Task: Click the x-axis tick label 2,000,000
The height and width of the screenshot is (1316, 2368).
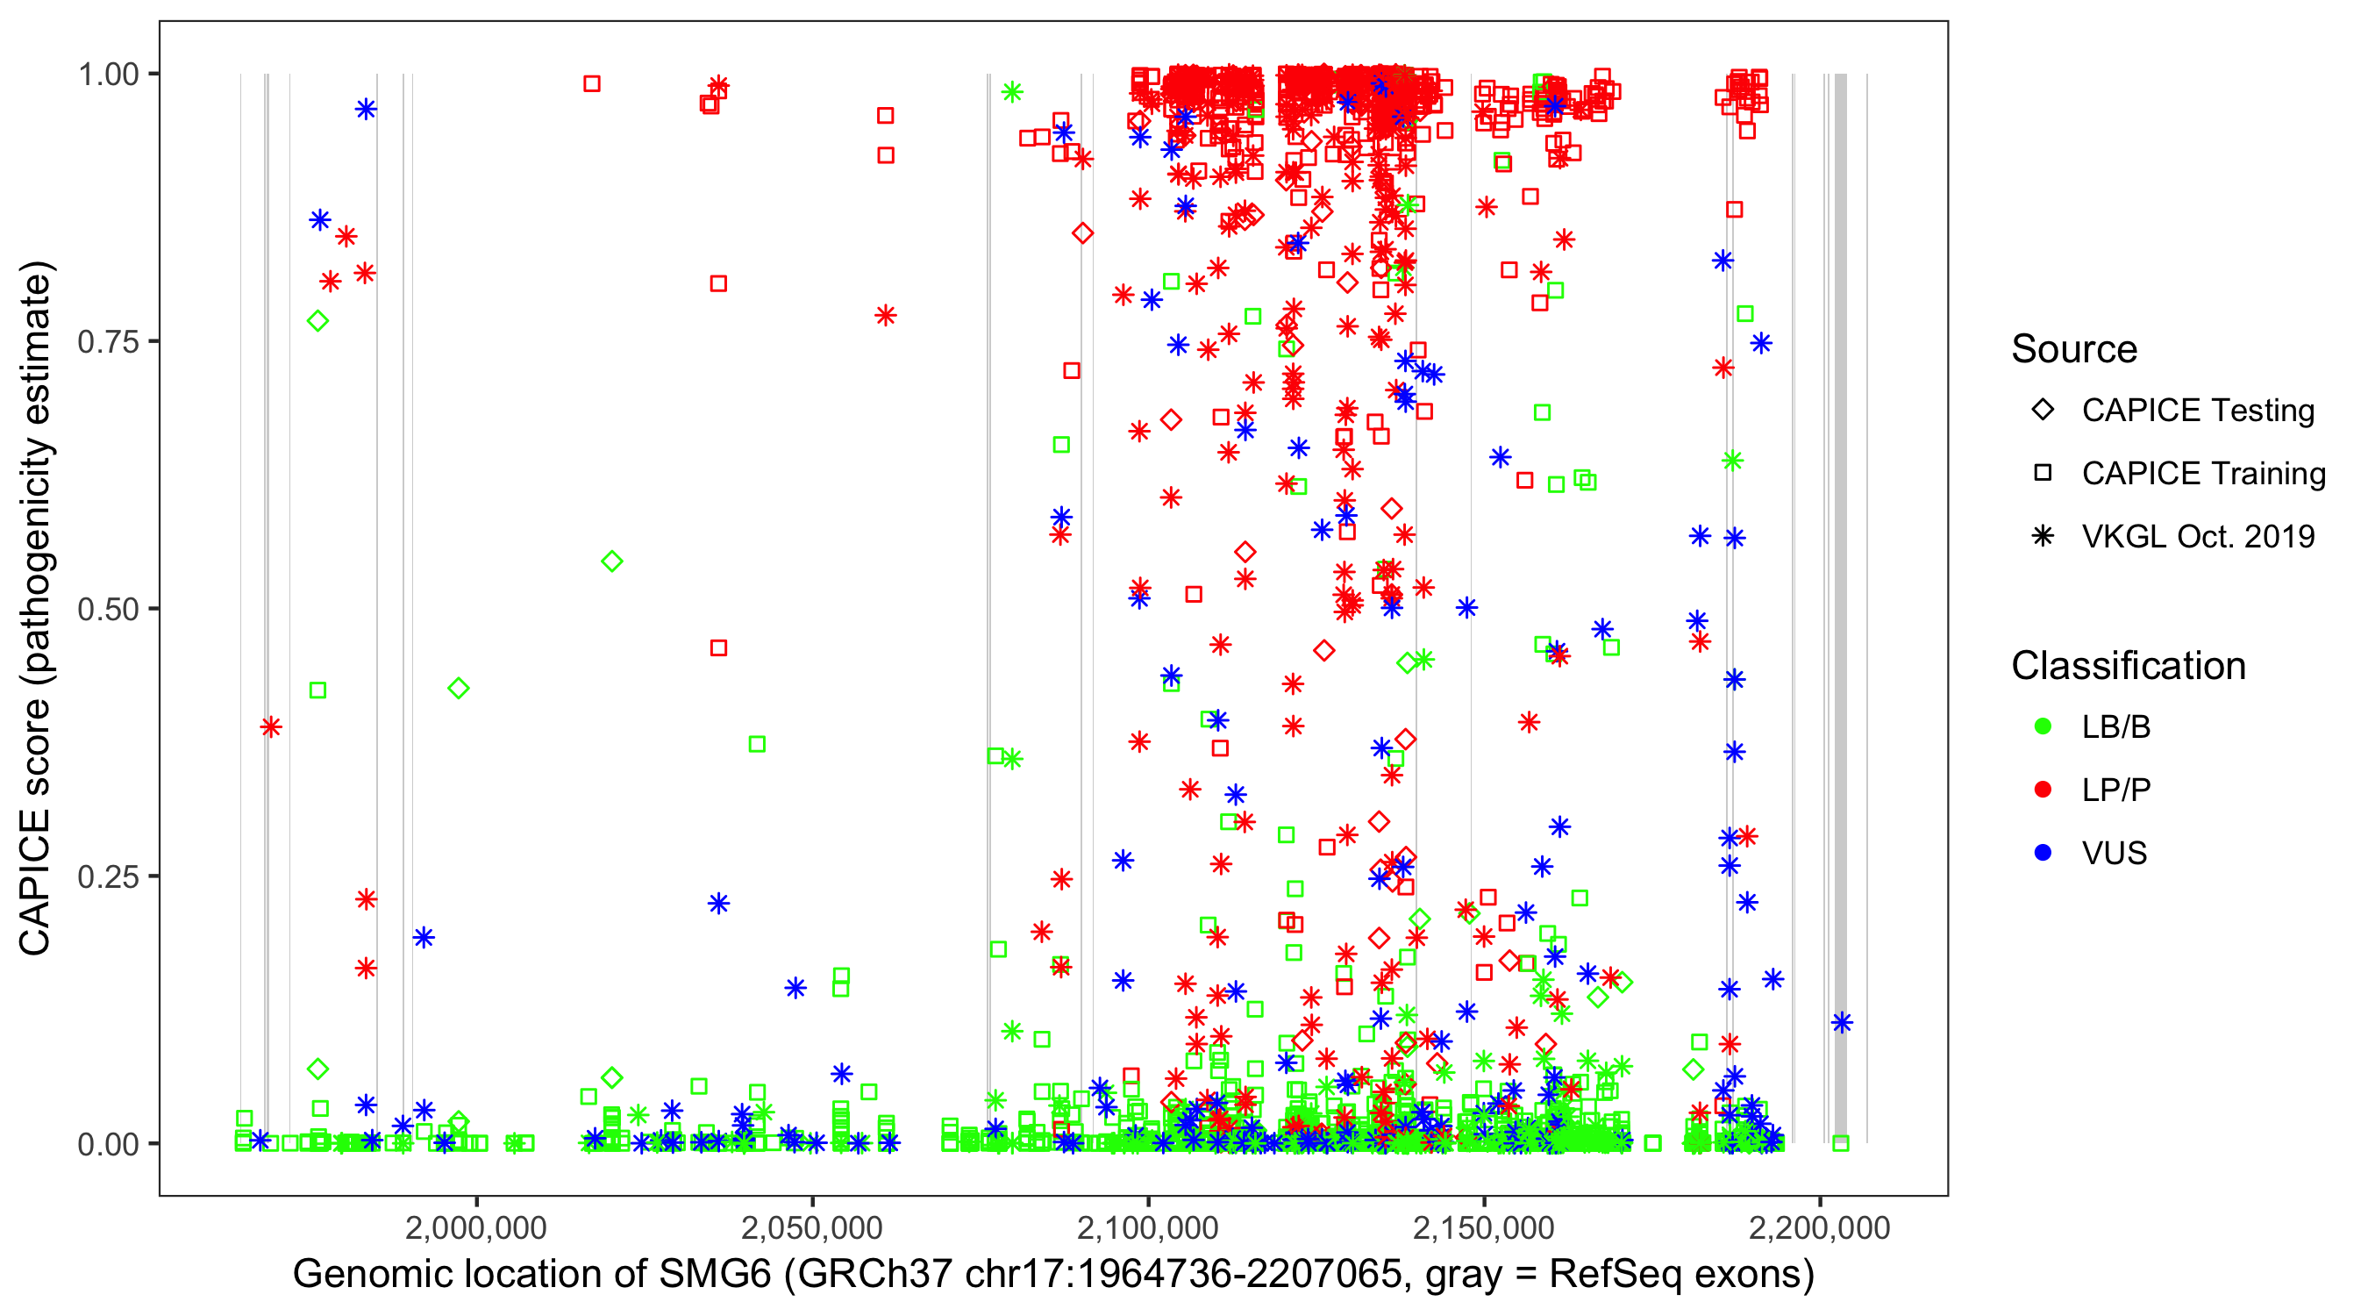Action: coord(476,1227)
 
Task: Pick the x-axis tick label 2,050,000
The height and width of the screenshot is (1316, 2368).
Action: coord(812,1227)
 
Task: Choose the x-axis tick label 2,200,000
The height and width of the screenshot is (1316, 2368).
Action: coord(1819,1227)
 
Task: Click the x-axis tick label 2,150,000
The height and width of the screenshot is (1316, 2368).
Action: coord(1484,1227)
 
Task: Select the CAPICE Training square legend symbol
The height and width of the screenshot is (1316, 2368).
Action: coord(2043,474)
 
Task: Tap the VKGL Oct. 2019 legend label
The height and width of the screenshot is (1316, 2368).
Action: coord(2198,537)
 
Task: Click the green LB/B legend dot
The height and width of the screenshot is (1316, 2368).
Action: coord(2043,727)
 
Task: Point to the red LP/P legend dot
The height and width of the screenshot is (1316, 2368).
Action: coord(2043,790)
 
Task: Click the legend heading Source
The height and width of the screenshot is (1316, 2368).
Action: coord(2074,349)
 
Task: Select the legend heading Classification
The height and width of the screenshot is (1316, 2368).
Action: coord(2128,666)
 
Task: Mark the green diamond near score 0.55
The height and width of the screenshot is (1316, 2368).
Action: coord(612,561)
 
